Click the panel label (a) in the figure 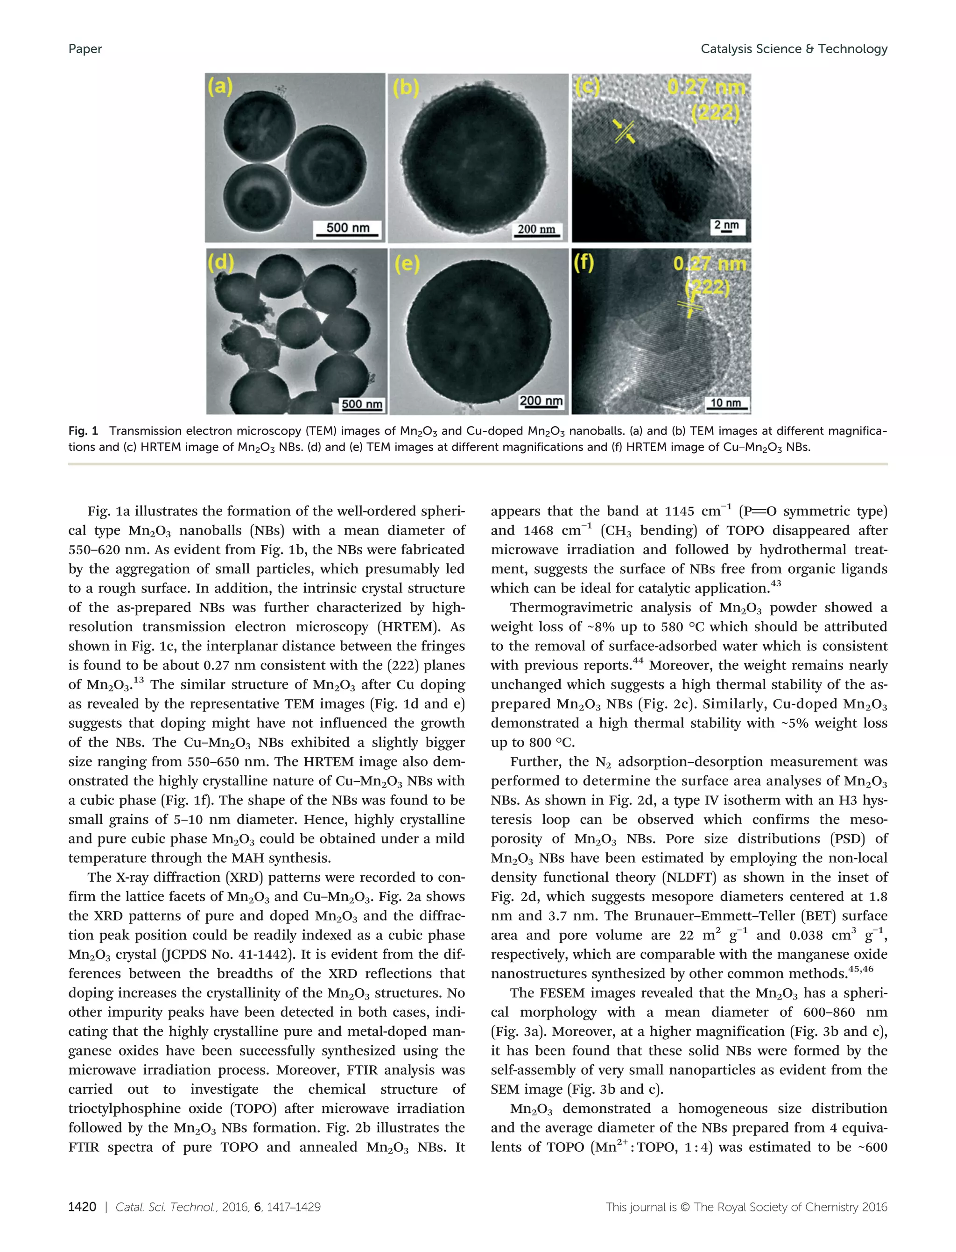tap(220, 87)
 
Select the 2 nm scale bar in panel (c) tap(726, 226)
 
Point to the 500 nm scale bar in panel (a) tap(348, 229)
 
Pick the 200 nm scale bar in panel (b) tap(536, 231)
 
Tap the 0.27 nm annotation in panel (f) tap(709, 264)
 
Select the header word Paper tap(85, 49)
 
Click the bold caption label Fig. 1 tap(83, 431)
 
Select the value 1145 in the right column tap(680, 512)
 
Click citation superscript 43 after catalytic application tap(776, 584)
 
